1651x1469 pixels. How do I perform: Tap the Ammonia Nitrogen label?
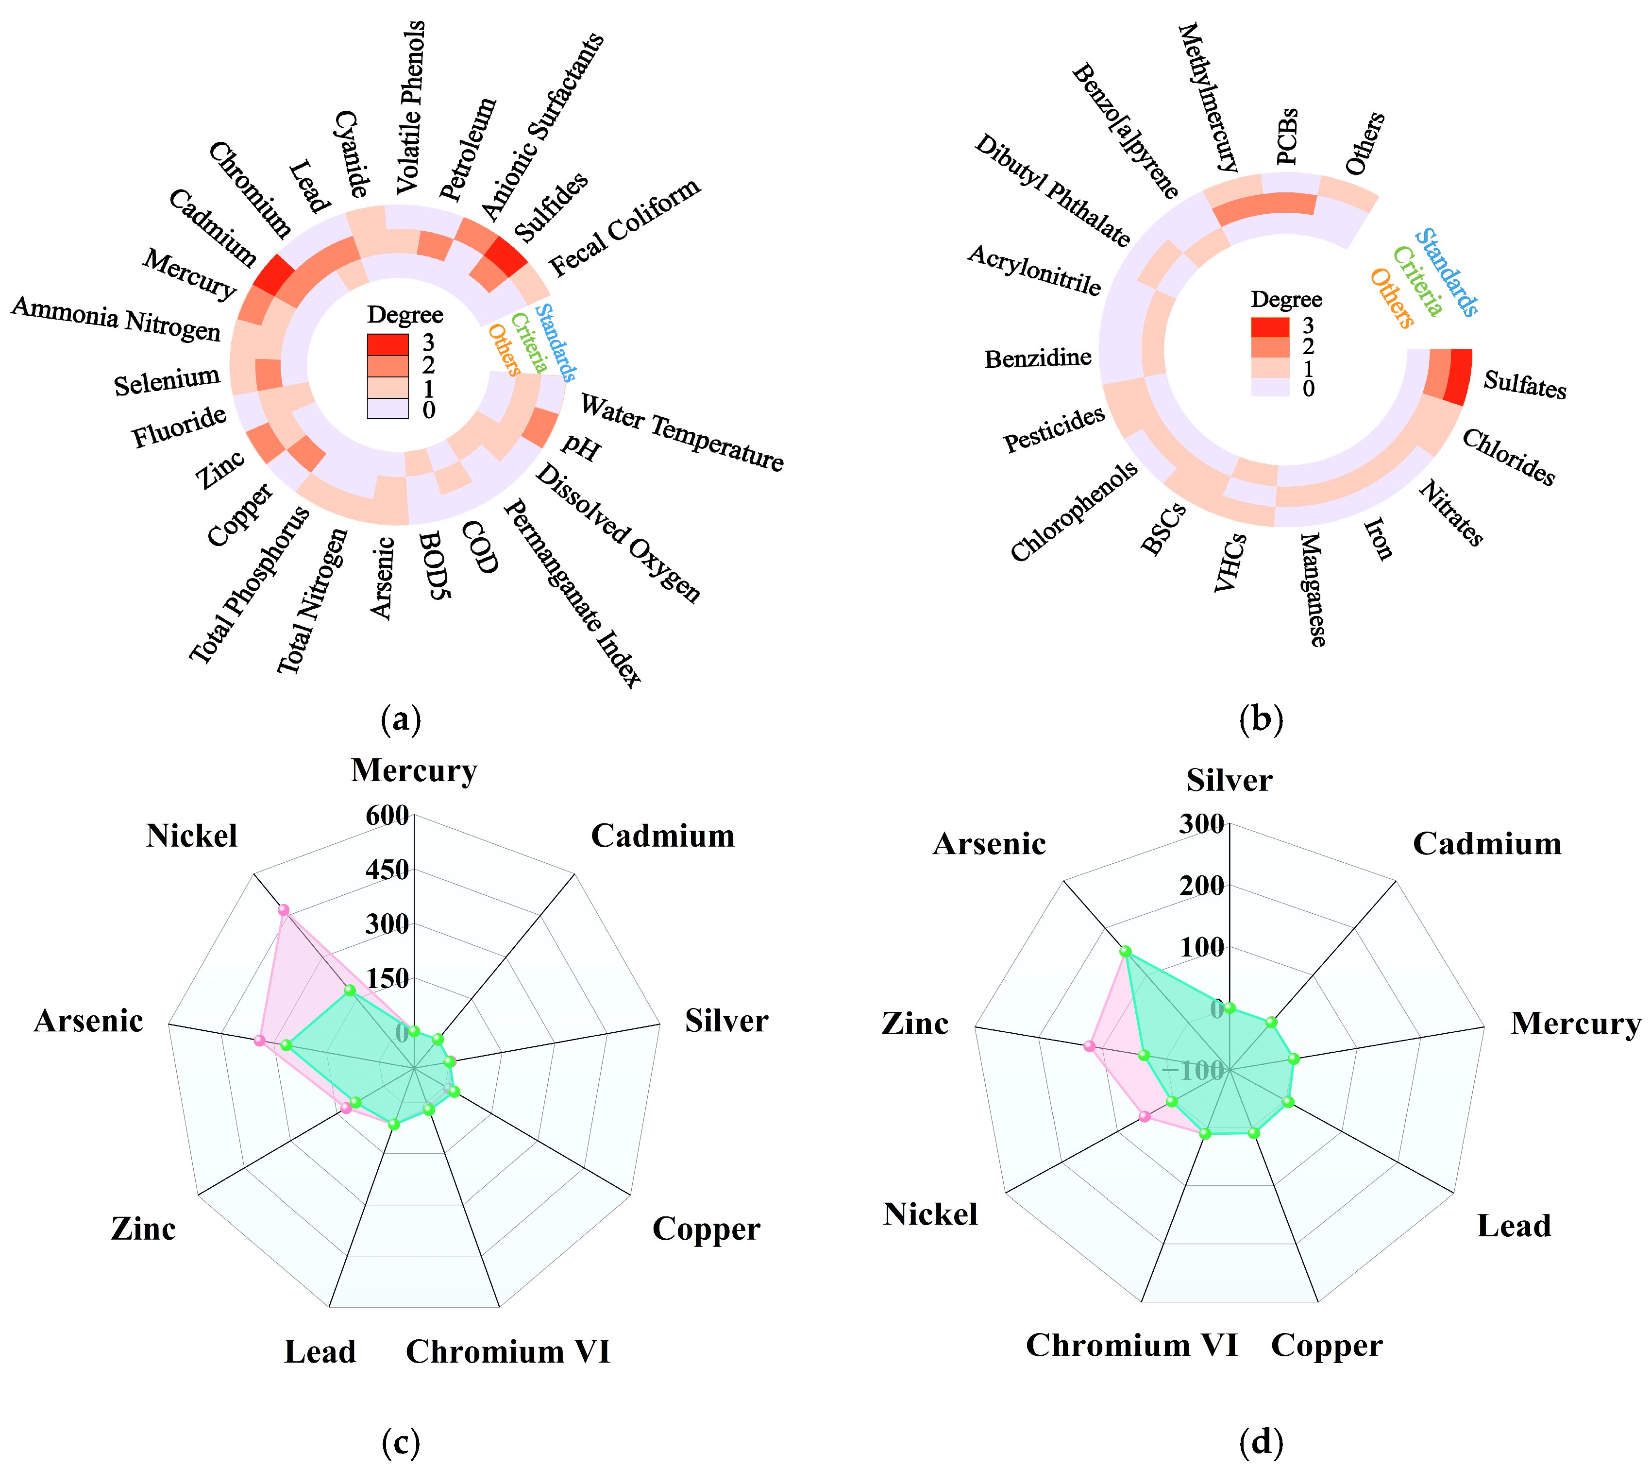117,318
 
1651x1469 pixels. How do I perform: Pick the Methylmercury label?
1208,98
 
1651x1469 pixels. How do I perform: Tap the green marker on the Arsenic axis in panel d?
1124,952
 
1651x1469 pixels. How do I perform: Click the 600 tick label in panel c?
387,815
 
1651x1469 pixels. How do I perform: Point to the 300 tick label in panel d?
1202,824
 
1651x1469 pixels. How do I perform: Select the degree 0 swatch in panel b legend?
1270,389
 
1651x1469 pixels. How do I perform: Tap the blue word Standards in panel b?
1448,273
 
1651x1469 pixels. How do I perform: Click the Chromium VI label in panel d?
1131,1345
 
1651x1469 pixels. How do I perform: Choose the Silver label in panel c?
726,1021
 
